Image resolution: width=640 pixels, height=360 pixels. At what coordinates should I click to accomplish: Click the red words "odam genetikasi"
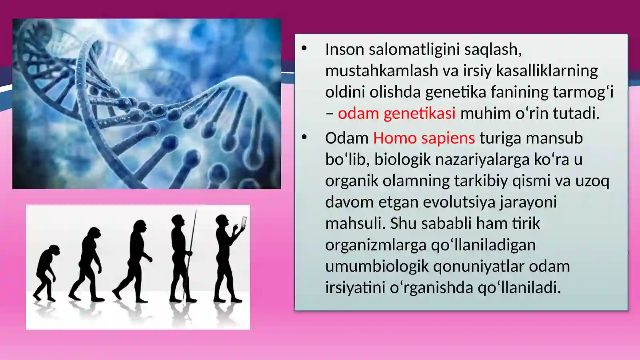[396, 114]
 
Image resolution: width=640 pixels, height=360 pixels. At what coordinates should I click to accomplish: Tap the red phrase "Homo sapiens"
[424, 138]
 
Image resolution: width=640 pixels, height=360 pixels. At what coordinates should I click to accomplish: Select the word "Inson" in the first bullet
[344, 50]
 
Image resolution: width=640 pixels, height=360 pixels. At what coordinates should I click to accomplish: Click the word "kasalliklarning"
[547, 71]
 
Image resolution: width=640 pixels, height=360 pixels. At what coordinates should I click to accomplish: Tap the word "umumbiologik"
[377, 266]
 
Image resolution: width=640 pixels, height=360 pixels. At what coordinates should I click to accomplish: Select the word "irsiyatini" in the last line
[355, 288]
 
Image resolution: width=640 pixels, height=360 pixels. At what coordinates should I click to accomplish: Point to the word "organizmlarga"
[376, 245]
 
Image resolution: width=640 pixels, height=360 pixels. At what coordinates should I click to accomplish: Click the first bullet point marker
[304, 49]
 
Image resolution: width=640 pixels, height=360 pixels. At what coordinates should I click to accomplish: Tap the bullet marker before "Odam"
[304, 138]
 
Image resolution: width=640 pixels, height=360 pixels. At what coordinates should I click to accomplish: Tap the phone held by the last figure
[244, 222]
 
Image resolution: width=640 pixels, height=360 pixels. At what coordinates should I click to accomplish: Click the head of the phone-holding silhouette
[221, 220]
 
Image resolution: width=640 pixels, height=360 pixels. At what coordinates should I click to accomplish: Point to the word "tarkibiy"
[481, 181]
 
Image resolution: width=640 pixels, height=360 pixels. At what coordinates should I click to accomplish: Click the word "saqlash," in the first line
[493, 50]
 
